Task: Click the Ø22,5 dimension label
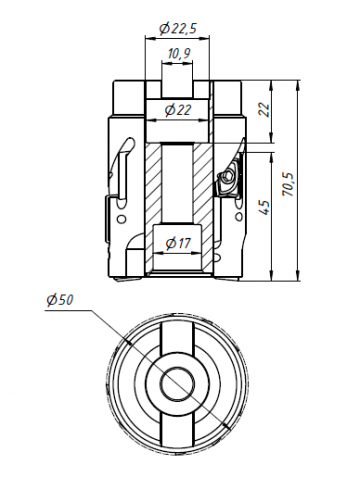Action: pos(176,28)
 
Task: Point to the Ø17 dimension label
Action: pos(179,242)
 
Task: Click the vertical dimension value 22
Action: pos(264,110)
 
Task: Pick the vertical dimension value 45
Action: pos(264,208)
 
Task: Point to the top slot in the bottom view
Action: pos(178,335)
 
